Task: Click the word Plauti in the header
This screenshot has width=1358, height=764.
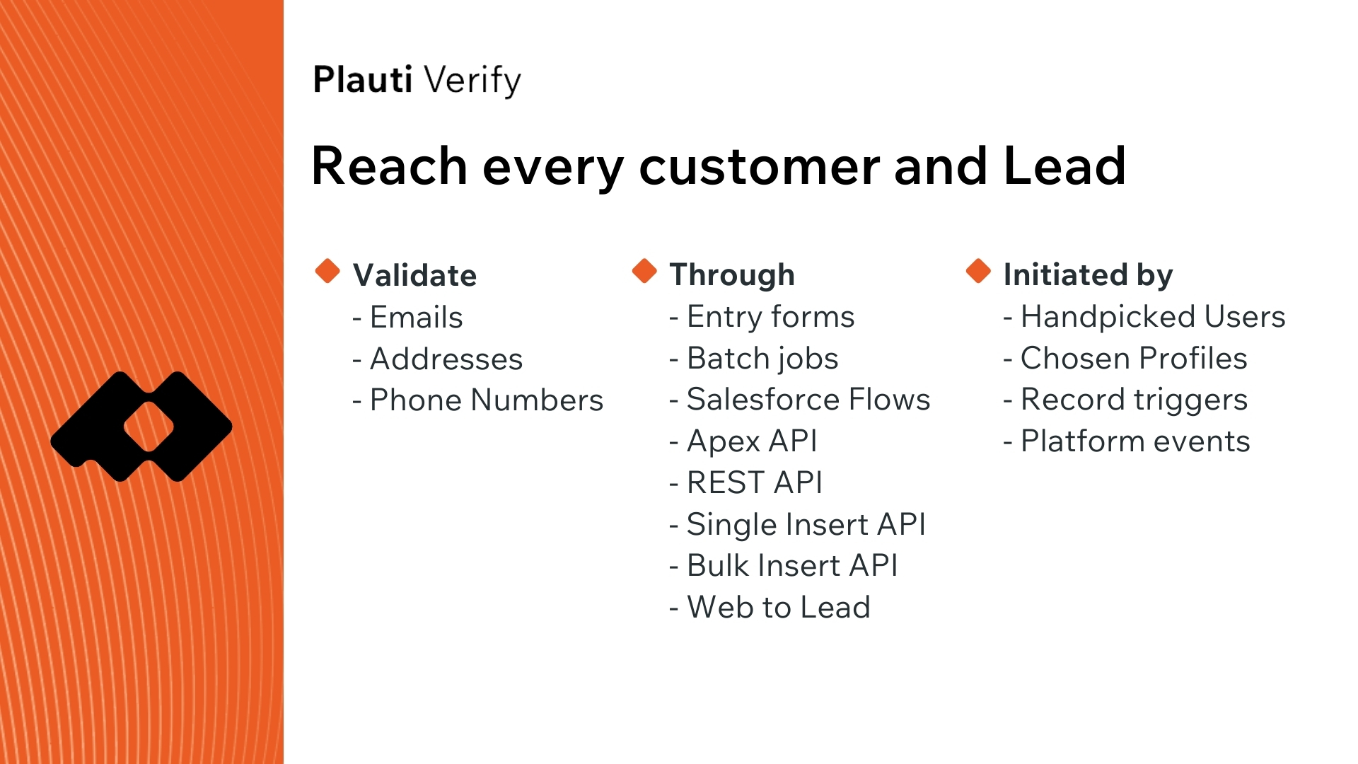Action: click(362, 79)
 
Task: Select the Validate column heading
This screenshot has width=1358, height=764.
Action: click(414, 274)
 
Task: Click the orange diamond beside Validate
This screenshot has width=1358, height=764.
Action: click(327, 270)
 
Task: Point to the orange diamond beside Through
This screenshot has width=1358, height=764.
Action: click(644, 270)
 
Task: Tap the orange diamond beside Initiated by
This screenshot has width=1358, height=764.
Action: click(978, 270)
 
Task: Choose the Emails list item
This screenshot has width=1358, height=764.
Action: click(407, 317)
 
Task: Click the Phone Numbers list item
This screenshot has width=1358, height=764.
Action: click(478, 400)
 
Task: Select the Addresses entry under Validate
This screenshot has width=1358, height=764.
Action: click(438, 359)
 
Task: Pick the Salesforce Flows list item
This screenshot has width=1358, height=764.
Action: click(800, 399)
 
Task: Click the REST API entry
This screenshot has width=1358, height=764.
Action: click(746, 482)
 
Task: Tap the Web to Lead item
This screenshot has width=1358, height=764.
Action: click(770, 607)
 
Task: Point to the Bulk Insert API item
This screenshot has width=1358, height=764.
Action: click(784, 565)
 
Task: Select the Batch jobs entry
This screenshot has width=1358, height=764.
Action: click(754, 359)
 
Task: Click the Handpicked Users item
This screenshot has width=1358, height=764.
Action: click(1144, 317)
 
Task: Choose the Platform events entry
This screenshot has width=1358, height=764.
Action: click(1127, 441)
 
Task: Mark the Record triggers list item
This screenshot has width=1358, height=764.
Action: click(1125, 400)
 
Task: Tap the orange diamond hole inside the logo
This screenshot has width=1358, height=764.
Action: click(149, 427)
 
